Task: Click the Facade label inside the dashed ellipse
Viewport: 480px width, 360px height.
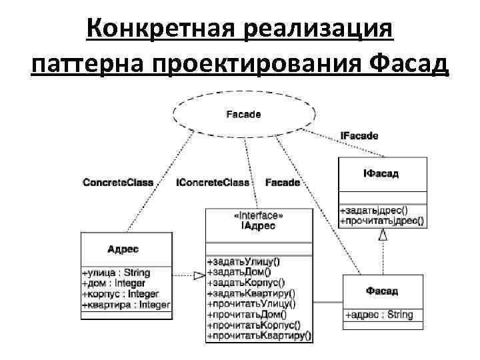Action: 243,114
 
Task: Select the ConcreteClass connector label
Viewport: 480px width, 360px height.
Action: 118,182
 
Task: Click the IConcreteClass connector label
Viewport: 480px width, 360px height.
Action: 213,182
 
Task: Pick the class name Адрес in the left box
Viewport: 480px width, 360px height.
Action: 123,249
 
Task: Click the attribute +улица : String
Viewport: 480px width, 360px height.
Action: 116,273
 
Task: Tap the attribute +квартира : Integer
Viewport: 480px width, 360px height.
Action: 125,305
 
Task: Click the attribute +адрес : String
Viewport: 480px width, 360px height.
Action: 379,315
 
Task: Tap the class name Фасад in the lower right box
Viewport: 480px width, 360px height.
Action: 382,291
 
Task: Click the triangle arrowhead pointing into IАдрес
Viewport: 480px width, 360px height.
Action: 198,275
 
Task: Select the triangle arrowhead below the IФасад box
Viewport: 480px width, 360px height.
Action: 383,234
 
